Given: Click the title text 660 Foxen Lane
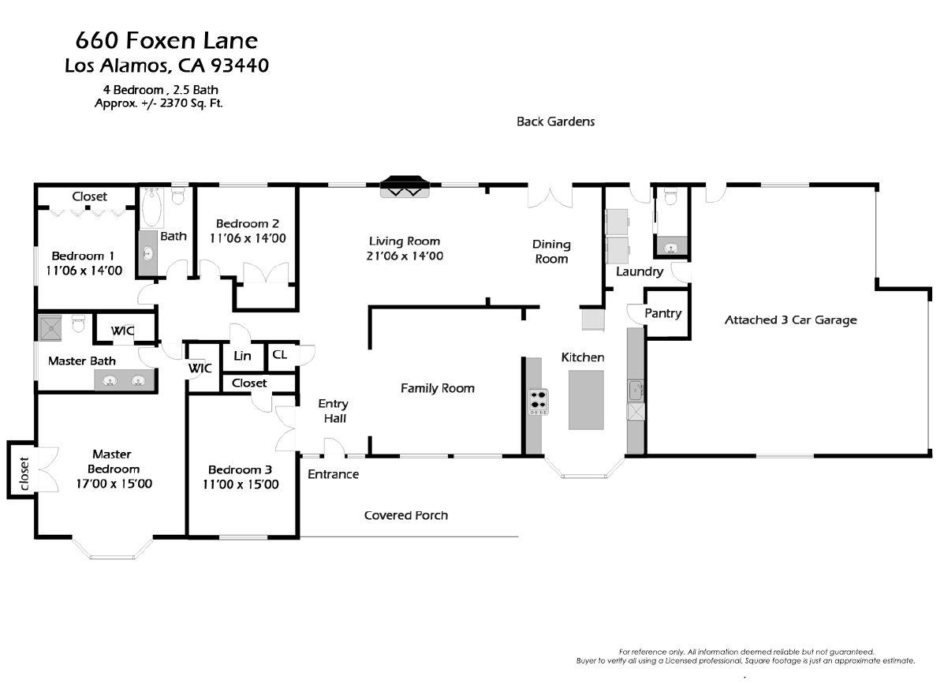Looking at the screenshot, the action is [166, 41].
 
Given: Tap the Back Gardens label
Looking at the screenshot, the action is [556, 121].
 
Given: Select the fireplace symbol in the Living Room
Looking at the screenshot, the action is [405, 186].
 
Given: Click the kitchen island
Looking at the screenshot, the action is [587, 399].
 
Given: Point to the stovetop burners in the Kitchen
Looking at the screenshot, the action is [538, 402].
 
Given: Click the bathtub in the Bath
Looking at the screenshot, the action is [152, 207].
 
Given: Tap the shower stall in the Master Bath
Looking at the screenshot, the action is [50, 328].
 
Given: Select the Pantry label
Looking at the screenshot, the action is [662, 313].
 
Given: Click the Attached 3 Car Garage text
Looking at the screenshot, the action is [790, 320].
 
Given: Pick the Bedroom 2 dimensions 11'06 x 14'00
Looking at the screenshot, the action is [248, 238].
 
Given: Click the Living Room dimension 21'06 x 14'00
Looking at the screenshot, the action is [405, 256].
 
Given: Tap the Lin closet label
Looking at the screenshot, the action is [243, 356].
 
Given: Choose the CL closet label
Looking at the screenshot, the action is [279, 354].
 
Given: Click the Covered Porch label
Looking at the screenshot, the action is [406, 515].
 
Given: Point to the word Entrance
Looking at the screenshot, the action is [333, 474].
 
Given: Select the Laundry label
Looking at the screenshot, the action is [640, 271].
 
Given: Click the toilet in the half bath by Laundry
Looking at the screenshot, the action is [670, 196].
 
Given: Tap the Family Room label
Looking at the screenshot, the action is [438, 388].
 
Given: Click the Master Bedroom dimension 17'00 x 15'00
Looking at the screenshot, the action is [114, 484].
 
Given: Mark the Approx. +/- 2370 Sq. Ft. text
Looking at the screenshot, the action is [159, 103].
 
